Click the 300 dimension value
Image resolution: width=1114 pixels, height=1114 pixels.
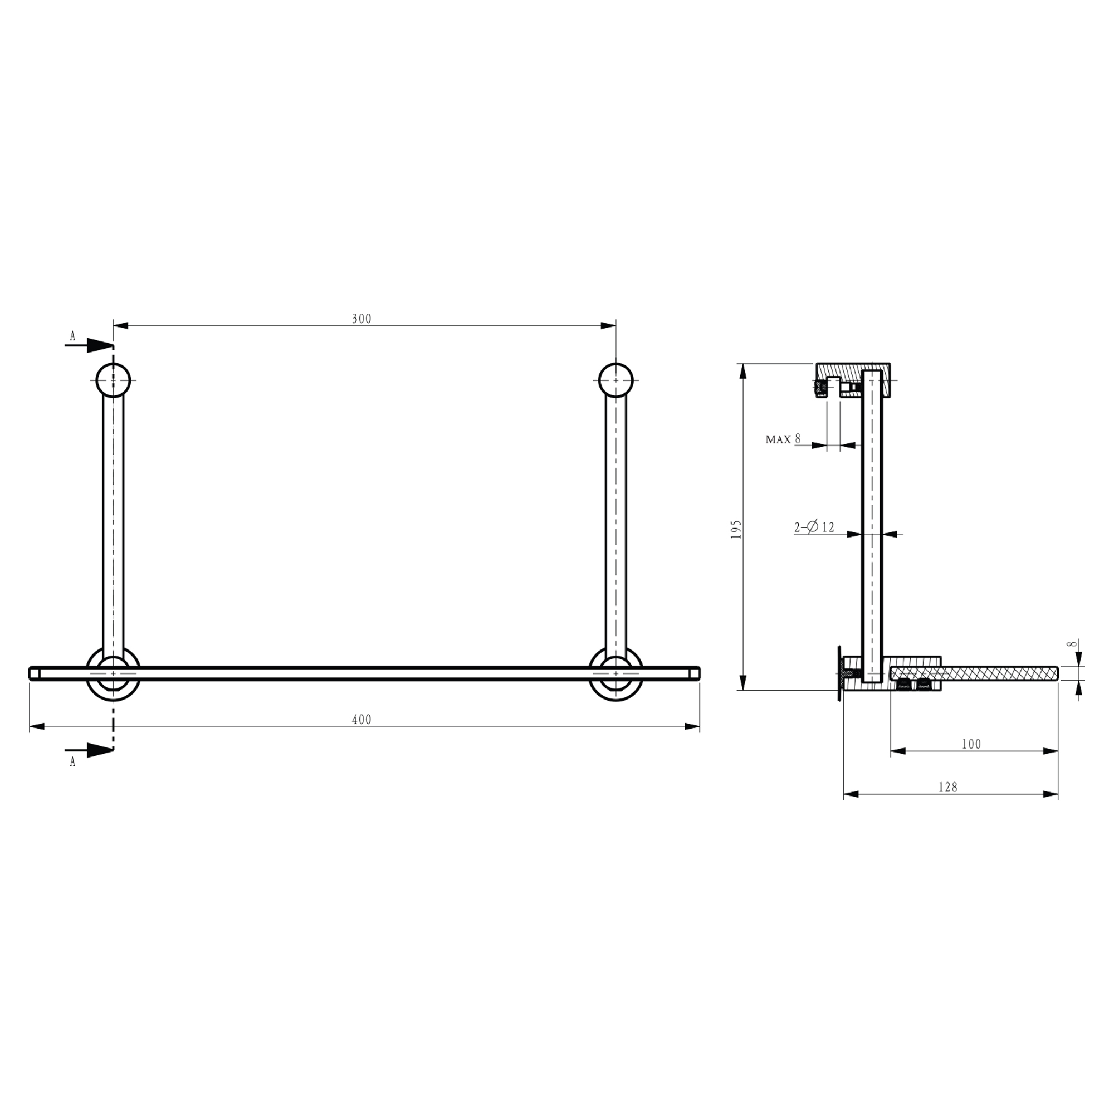click(x=361, y=318)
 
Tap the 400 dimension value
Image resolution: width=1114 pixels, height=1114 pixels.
click(x=361, y=720)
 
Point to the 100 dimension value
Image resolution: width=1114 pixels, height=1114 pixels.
click(x=971, y=744)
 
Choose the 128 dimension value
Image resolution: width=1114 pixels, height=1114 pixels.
click(x=947, y=786)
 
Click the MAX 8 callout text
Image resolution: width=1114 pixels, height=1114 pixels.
click(x=783, y=439)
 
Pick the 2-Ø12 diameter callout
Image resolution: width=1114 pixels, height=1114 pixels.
click(x=814, y=526)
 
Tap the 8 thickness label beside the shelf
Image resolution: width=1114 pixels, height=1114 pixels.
click(x=1072, y=643)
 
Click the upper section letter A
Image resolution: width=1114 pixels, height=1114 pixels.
click(x=72, y=335)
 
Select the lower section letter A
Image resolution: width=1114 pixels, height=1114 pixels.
click(x=72, y=761)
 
